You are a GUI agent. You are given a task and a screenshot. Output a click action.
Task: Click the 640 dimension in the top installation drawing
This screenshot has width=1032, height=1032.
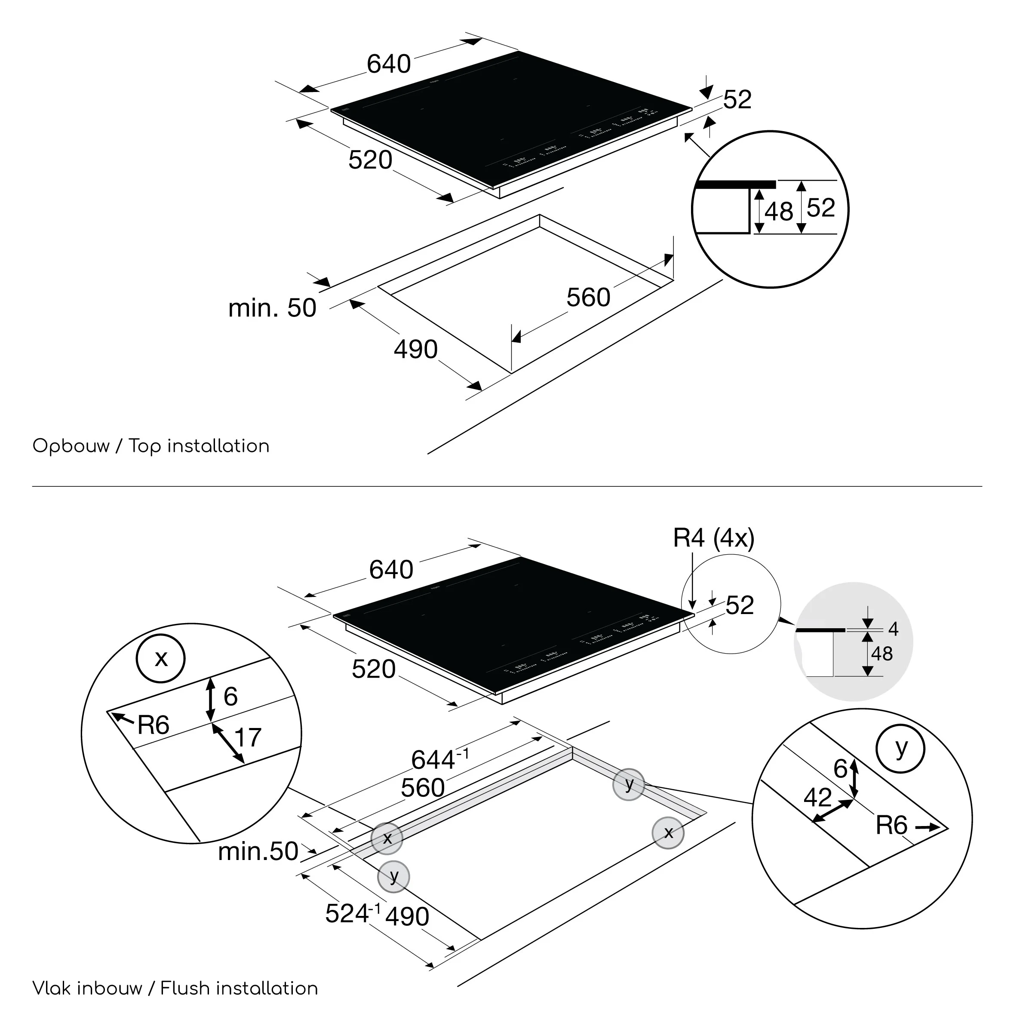pos(388,64)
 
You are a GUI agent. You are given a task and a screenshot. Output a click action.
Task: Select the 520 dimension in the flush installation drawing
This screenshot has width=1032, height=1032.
pos(373,670)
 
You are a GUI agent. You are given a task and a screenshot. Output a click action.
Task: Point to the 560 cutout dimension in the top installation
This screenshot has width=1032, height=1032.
pos(588,298)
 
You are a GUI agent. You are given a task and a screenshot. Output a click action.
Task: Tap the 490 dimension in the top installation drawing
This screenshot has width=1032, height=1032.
pos(415,349)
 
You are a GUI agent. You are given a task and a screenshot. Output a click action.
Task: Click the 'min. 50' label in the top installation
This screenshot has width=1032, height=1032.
pos(273,308)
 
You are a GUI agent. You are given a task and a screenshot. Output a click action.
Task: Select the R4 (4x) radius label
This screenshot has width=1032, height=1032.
pos(714,538)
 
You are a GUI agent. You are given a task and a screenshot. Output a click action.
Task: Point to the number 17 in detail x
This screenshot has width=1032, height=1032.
pos(247,738)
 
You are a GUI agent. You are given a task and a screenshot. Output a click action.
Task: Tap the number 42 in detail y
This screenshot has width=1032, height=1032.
pos(817,798)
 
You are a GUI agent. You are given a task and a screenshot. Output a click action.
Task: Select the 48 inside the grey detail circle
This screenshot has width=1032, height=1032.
pos(882,654)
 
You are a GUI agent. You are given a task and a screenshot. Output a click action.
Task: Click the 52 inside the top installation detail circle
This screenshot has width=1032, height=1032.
pos(821,208)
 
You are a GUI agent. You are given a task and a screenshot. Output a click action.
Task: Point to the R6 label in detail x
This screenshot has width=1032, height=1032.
pos(154,725)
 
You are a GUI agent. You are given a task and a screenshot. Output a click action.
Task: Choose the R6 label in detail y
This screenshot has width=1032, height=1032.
pos(891,825)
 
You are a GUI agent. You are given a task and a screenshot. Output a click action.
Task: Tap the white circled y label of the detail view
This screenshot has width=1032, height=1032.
pos(900,748)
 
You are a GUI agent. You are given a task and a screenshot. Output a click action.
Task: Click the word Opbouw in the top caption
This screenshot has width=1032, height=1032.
pos(71,446)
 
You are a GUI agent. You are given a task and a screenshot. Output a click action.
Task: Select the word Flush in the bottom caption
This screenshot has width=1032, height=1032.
pos(184,988)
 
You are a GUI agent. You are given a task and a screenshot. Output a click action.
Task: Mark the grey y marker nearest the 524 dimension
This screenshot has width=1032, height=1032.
pos(394,877)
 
